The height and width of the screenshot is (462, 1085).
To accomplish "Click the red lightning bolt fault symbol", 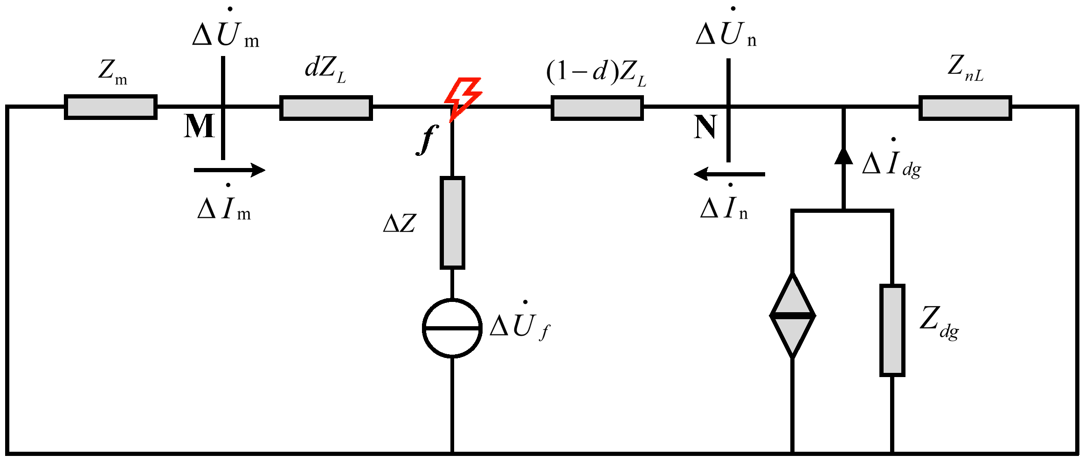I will click(x=463, y=97).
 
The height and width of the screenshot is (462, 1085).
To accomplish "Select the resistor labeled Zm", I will click(x=111, y=107).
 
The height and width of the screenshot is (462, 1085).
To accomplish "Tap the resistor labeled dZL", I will click(x=326, y=108).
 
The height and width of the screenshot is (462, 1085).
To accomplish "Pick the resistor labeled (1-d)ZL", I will click(x=597, y=108).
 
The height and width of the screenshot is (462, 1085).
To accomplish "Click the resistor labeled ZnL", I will click(x=965, y=108).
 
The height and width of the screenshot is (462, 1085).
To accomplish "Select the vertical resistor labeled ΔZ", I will click(x=452, y=223).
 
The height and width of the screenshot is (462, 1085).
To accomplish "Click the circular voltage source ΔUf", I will click(x=452, y=328).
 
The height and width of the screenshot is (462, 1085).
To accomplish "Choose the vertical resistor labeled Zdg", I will click(x=892, y=330).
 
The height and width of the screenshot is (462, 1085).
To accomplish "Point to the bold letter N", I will click(x=705, y=126).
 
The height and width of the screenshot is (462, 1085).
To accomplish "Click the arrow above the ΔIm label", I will click(x=229, y=170).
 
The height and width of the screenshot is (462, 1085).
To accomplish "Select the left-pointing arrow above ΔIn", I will click(x=729, y=174).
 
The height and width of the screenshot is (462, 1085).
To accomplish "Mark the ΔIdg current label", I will click(x=891, y=164).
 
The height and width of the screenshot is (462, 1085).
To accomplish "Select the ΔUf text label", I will click(x=520, y=326).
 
